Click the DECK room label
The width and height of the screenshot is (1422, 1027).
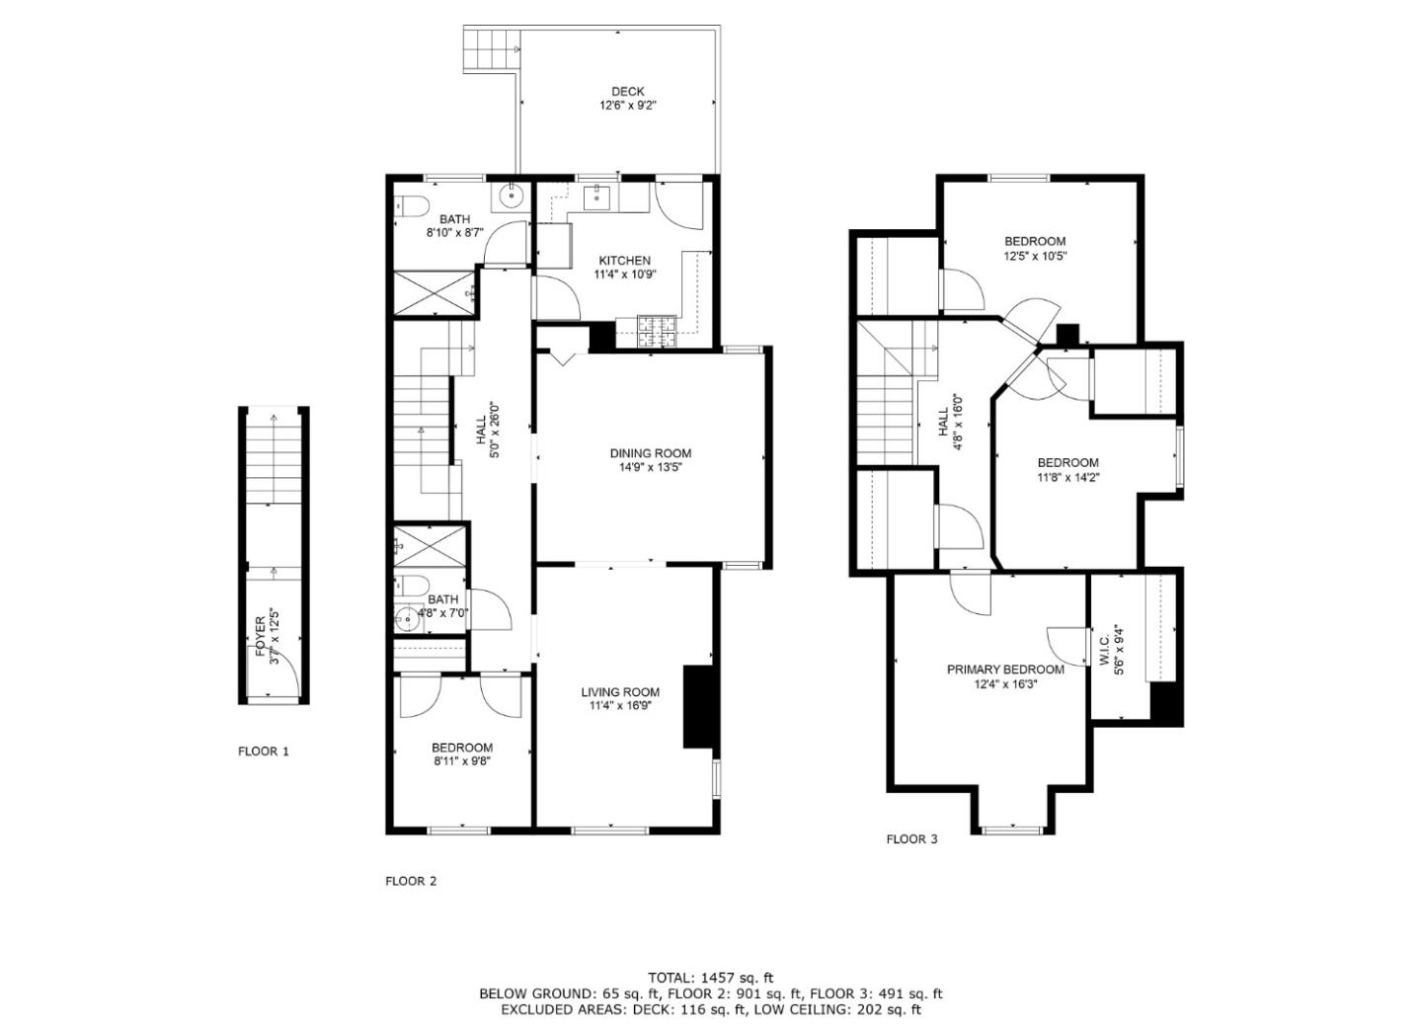(x=627, y=92)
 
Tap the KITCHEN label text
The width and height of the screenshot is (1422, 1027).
(x=623, y=261)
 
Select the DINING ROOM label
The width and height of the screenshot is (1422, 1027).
(x=650, y=453)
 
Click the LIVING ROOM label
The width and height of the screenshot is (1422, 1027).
(x=619, y=692)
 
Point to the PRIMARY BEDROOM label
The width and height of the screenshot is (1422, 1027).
(x=1005, y=670)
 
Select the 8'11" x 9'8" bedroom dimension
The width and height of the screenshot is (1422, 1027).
(x=461, y=761)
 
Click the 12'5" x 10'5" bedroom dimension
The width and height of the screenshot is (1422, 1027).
(x=1035, y=255)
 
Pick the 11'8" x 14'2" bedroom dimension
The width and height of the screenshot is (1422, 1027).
(x=1067, y=477)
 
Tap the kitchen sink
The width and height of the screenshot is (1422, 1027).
(x=598, y=197)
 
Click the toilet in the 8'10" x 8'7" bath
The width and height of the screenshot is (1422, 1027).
(x=411, y=207)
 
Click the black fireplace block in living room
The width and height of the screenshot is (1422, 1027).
(x=698, y=707)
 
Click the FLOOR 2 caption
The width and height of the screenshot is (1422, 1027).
(x=411, y=881)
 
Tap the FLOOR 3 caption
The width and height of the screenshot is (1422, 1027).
(x=911, y=839)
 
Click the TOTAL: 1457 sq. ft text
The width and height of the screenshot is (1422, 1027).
(x=710, y=978)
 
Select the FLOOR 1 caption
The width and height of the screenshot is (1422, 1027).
(x=264, y=750)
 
